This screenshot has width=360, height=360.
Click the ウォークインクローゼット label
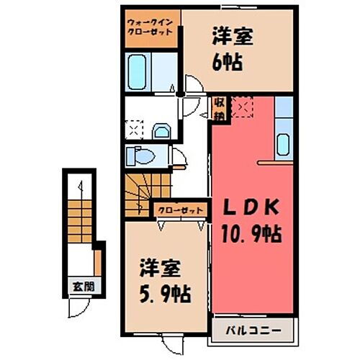pyautogui.click(x=150, y=28)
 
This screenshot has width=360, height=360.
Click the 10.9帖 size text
pyautogui.click(x=251, y=234)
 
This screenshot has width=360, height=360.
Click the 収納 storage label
pyautogui.click(x=217, y=109)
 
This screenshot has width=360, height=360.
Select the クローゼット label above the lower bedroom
pyautogui.click(x=181, y=210)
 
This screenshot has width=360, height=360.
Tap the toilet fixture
pyautogui.click(x=138, y=156)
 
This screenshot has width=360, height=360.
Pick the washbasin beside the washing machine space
pyautogui.click(x=161, y=130)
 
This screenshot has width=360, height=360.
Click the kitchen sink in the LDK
pyautogui.click(x=284, y=143)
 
